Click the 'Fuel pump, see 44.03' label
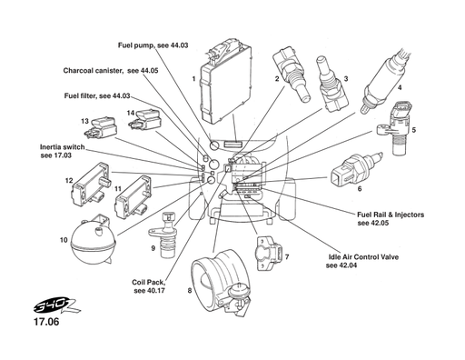pos(153,45)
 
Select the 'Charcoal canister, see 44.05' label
pos(111,70)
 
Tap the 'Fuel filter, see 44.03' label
pos(97,95)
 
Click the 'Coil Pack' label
pos(149,285)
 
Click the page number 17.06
pos(46,322)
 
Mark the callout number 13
pos(84,121)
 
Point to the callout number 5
pos(413,130)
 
